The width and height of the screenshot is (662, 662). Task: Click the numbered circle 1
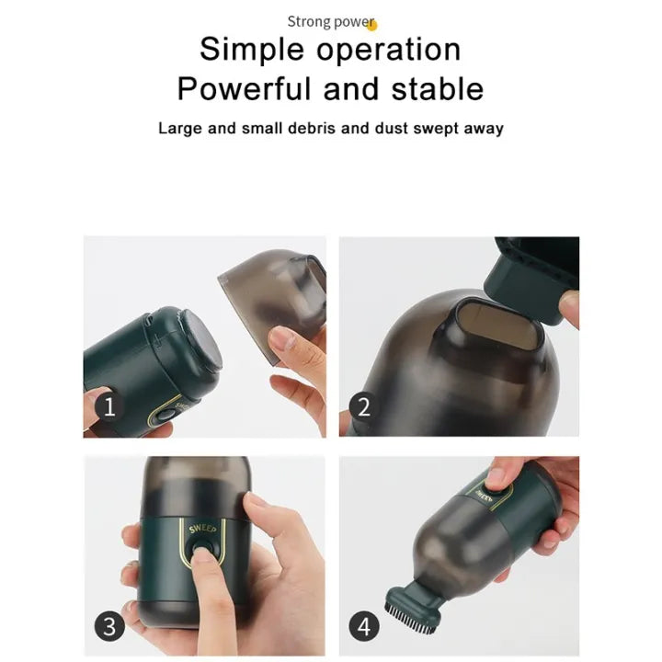pyautogui.click(x=109, y=406)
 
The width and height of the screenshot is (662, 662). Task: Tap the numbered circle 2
pyautogui.click(x=364, y=407)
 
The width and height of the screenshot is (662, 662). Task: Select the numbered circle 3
pyautogui.click(x=109, y=626)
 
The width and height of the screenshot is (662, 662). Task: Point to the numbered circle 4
pyautogui.click(x=364, y=626)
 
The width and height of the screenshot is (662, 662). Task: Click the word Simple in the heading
pyautogui.click(x=252, y=50)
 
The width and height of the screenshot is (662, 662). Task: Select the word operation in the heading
pyautogui.click(x=388, y=50)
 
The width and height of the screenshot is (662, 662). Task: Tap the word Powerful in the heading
pyautogui.click(x=244, y=88)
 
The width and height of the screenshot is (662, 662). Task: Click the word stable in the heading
pyautogui.click(x=437, y=88)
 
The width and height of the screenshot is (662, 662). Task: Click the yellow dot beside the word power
pyautogui.click(x=372, y=26)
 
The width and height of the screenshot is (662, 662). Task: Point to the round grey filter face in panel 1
pyautogui.click(x=201, y=342)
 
